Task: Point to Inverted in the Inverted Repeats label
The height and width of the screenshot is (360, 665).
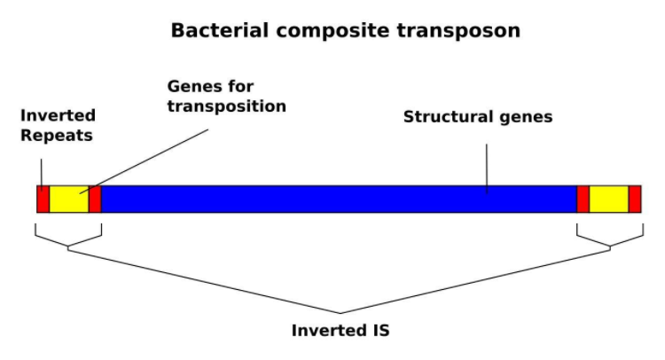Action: click(58, 116)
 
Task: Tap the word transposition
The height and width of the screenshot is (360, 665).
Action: click(227, 106)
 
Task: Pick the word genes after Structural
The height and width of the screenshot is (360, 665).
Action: click(523, 117)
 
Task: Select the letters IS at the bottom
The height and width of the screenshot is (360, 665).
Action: click(380, 331)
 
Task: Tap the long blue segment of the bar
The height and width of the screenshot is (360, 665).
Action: click(337, 200)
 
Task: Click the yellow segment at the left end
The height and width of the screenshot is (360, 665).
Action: click(69, 200)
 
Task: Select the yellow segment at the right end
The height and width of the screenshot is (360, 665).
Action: click(609, 200)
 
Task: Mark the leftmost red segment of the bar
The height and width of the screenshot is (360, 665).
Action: click(43, 200)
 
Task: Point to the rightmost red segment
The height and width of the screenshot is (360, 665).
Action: click(635, 200)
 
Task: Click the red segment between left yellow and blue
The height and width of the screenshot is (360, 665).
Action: click(95, 200)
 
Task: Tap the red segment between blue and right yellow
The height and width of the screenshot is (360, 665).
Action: click(583, 200)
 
